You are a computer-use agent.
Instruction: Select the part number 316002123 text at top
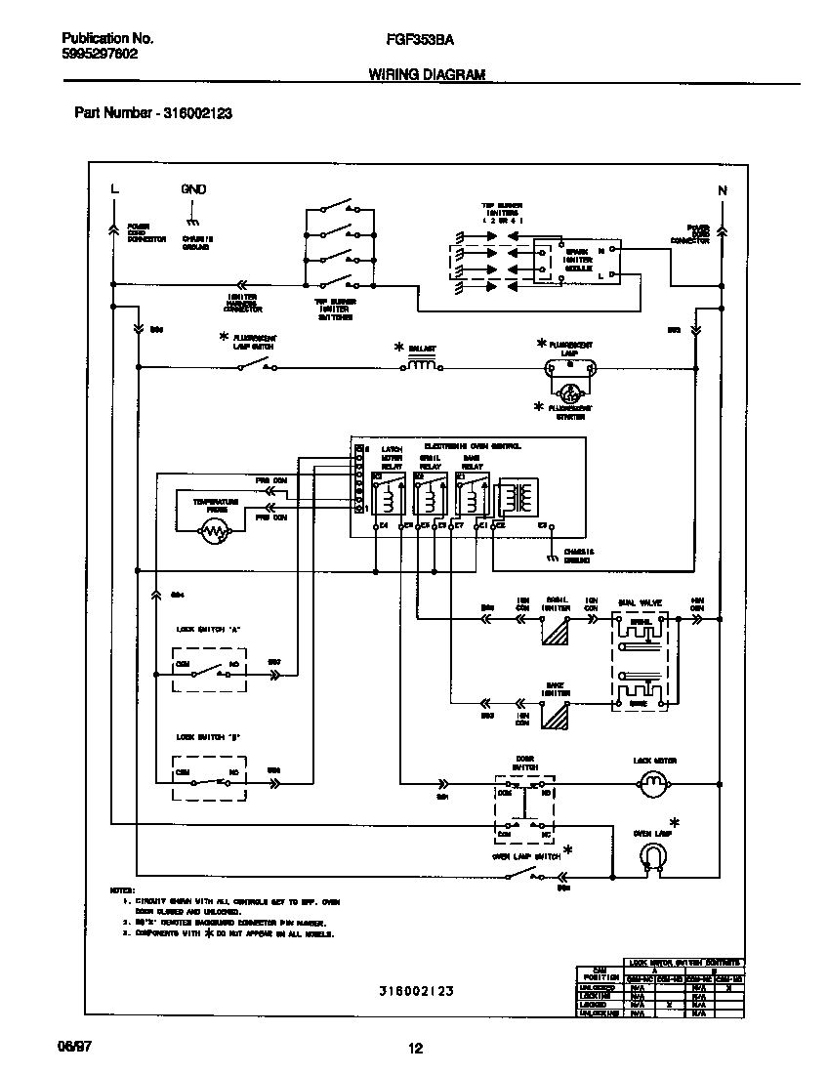tap(153, 113)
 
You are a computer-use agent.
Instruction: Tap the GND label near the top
tap(193, 188)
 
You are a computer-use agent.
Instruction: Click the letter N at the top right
tap(723, 190)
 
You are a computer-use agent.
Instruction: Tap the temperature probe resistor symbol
tap(213, 530)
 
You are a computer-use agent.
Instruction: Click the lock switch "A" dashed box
tap(208, 671)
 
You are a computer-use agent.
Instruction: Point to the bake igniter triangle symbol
tap(556, 717)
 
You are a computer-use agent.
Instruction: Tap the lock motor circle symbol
tap(653, 781)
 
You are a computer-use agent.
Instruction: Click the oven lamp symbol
tap(653, 856)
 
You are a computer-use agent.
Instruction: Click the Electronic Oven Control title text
tap(473, 445)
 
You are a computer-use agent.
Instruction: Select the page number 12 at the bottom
tap(415, 1049)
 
